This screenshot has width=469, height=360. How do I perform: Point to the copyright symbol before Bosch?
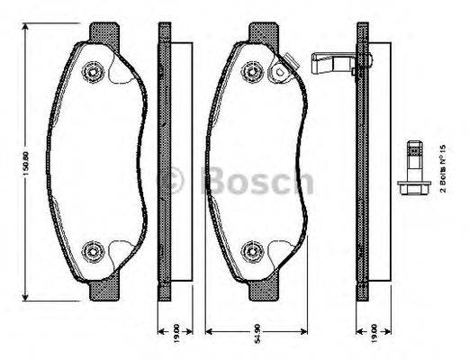[x=173, y=182]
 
